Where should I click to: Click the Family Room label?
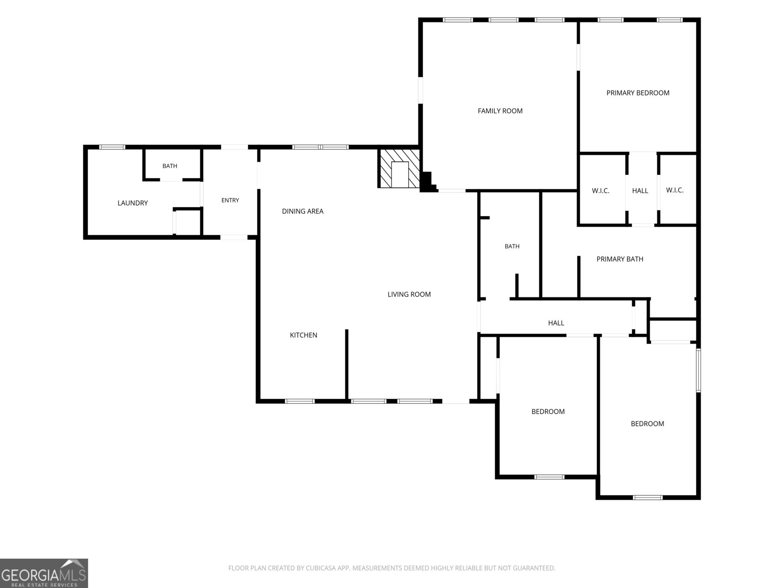(x=500, y=111)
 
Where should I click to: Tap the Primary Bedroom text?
(x=637, y=93)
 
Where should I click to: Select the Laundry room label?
(x=132, y=203)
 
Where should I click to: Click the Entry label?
(x=230, y=200)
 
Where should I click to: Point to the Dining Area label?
(x=302, y=211)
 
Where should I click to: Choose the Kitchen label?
(x=303, y=335)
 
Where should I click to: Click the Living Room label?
(x=409, y=294)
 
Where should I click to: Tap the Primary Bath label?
(x=620, y=259)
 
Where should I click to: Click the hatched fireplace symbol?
(x=399, y=168)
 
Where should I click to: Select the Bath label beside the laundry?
(x=170, y=166)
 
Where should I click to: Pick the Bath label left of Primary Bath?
(x=512, y=246)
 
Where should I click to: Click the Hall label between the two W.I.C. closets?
(x=640, y=191)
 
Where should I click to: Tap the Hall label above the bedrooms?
(x=556, y=323)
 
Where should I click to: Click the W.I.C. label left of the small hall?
(x=600, y=191)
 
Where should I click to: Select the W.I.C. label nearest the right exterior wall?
(x=675, y=190)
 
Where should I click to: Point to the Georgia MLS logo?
(x=44, y=573)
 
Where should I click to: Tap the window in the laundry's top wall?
(x=112, y=147)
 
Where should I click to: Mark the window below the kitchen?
(x=300, y=401)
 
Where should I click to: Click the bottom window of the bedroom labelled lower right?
(x=648, y=497)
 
